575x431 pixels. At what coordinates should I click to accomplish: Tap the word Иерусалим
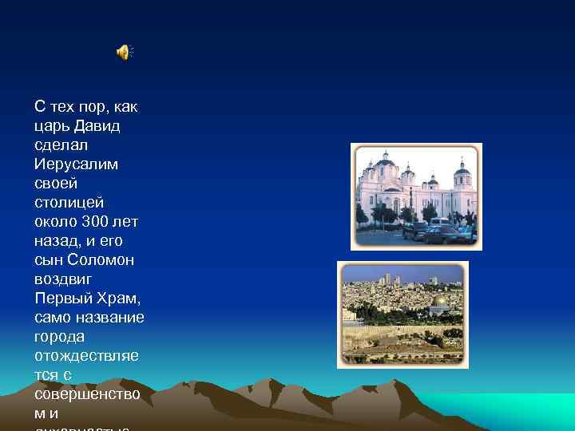pos(76,164)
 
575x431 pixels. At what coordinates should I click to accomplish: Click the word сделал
pos(61,145)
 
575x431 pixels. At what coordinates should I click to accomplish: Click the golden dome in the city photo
pos(438,302)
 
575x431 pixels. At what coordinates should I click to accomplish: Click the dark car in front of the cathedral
pos(439,234)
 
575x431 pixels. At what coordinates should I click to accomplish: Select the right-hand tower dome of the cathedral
pos(462,171)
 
